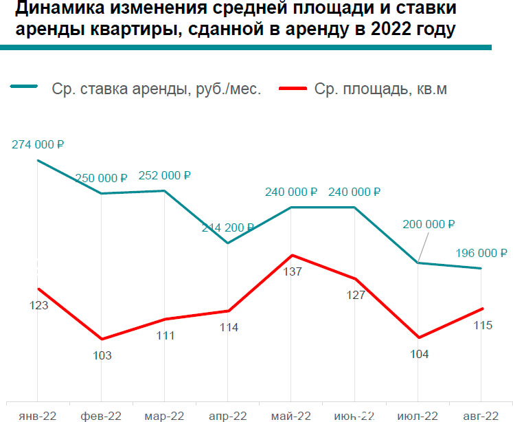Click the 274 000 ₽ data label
38,145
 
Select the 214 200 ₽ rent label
228,227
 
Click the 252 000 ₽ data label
165,175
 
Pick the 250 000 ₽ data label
102,177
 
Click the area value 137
293,271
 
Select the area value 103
102,355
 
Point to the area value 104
419,354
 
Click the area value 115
483,325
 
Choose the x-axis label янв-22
38,415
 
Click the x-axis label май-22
292,415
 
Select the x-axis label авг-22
481,415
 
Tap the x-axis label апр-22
228,415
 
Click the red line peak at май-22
292,255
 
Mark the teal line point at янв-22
38,161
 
